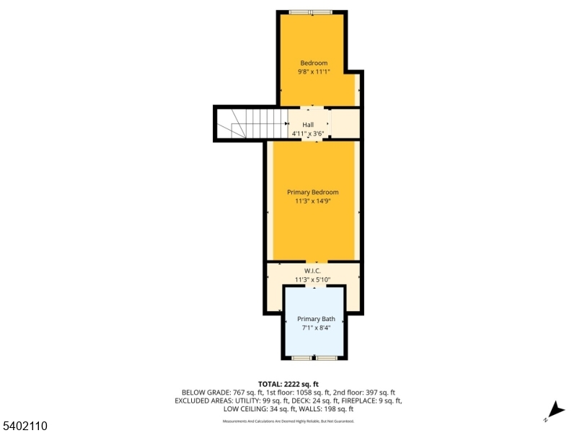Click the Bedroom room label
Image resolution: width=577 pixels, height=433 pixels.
click(x=314, y=63)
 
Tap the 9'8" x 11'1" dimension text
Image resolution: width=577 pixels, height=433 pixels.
click(x=314, y=72)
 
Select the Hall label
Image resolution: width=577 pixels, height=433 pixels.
click(x=308, y=125)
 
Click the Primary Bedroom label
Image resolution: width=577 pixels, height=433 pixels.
click(x=313, y=192)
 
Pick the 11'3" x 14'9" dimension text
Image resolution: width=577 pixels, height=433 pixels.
click(x=313, y=201)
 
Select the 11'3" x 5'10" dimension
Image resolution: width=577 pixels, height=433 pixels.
click(x=312, y=280)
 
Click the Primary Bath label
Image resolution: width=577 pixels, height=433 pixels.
click(x=316, y=318)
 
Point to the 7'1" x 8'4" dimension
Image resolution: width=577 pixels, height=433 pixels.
click(x=316, y=328)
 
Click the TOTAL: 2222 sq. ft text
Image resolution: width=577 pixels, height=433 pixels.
click(x=288, y=384)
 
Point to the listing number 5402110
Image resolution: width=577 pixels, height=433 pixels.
click(x=25, y=427)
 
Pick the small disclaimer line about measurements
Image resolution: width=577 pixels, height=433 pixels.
click(x=288, y=421)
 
